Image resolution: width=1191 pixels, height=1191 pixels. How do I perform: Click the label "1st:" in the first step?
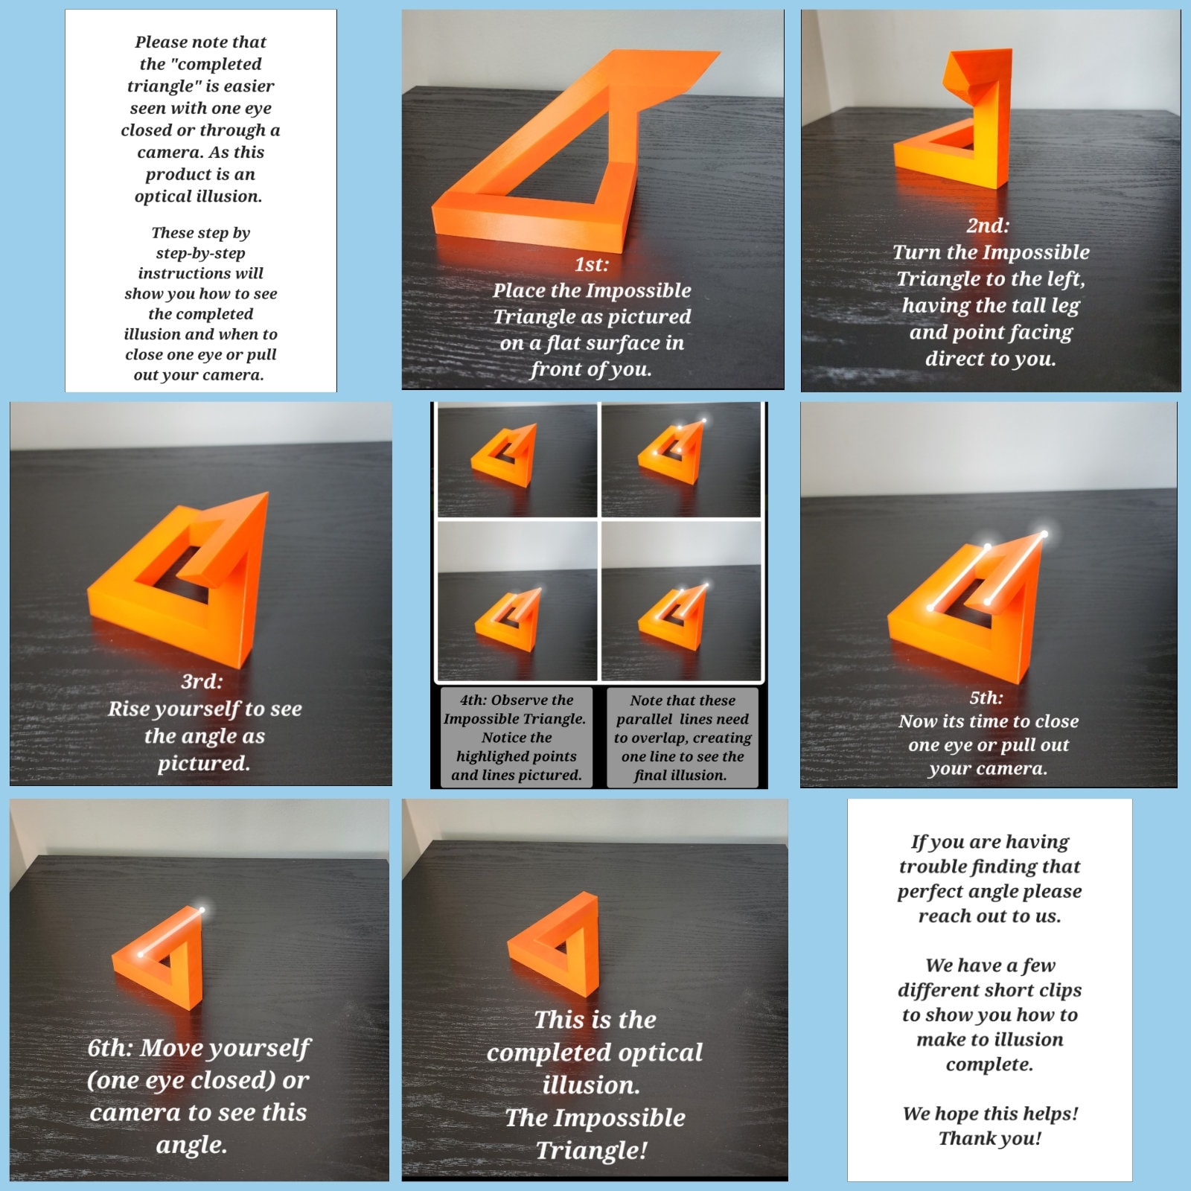pos(592,264)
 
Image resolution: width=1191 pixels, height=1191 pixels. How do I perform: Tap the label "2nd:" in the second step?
pos(988,226)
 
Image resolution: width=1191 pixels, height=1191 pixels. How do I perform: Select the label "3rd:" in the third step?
pos(202,681)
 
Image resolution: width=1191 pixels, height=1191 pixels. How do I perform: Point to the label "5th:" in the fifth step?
pos(986,697)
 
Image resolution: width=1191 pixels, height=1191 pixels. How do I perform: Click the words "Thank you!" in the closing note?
pos(989,1138)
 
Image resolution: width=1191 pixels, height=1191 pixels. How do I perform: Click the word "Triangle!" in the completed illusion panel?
pos(592,1150)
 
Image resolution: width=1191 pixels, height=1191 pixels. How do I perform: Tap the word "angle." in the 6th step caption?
pos(192,1144)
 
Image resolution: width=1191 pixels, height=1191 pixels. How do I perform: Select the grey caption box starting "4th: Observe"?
pos(517,737)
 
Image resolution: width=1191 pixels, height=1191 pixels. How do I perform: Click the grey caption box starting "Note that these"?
pos(682,737)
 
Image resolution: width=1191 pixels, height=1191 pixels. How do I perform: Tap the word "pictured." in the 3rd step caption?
pos(204,763)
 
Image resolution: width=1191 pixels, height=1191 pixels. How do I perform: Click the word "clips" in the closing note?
pos(1056,990)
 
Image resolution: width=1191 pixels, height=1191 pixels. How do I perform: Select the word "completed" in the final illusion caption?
pos(595,1053)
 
